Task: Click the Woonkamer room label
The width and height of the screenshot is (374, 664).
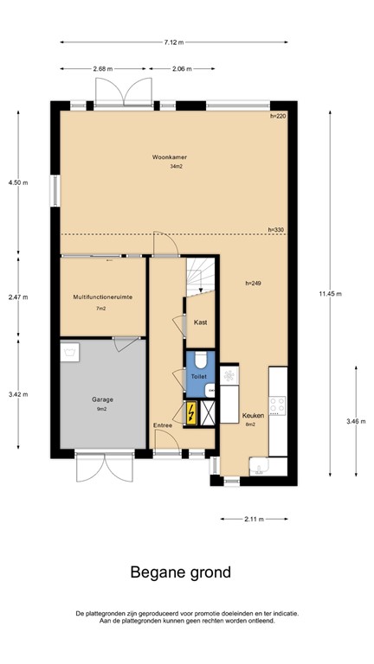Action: (x=170, y=156)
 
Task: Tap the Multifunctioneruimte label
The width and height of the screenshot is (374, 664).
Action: (x=101, y=297)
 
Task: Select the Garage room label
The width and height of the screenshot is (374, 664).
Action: (x=103, y=399)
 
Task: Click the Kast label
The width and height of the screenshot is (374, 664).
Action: (x=200, y=322)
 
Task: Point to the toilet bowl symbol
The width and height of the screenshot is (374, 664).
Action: (x=199, y=361)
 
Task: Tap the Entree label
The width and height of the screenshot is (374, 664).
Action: (x=163, y=425)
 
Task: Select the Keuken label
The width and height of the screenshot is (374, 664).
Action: (x=253, y=414)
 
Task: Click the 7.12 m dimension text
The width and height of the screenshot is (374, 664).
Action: (x=171, y=41)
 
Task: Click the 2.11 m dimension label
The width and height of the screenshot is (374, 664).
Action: (x=254, y=519)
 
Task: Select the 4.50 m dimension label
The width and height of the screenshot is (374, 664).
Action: (x=17, y=182)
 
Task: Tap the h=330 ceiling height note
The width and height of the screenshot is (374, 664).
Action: (x=276, y=229)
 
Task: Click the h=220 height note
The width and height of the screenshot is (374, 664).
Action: (x=277, y=115)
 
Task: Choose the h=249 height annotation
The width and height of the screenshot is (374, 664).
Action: (x=253, y=283)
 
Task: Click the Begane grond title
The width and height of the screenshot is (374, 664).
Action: (x=180, y=571)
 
